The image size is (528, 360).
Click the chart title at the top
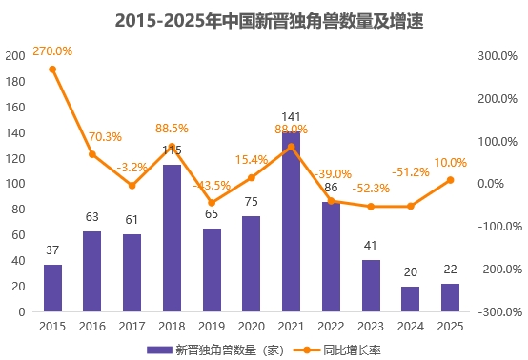click(x=264, y=19)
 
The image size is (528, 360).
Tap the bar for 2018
click(x=172, y=238)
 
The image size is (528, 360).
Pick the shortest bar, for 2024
click(x=410, y=299)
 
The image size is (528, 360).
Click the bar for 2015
click(x=52, y=288)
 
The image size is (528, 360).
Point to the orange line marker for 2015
click(x=52, y=69)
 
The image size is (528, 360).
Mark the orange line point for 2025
click(x=450, y=180)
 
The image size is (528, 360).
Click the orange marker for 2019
click(x=212, y=203)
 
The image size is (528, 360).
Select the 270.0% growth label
click(x=52, y=49)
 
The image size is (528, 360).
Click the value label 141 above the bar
click(x=291, y=117)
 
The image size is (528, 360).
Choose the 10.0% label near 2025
click(x=450, y=163)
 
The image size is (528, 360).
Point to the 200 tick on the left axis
click(x=14, y=55)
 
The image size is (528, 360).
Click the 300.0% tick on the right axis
click(x=498, y=55)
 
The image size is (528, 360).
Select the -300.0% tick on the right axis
click(x=498, y=311)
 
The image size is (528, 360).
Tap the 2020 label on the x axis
click(x=252, y=326)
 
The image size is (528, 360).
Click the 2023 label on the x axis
click(x=371, y=326)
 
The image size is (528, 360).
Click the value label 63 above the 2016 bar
click(x=92, y=217)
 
